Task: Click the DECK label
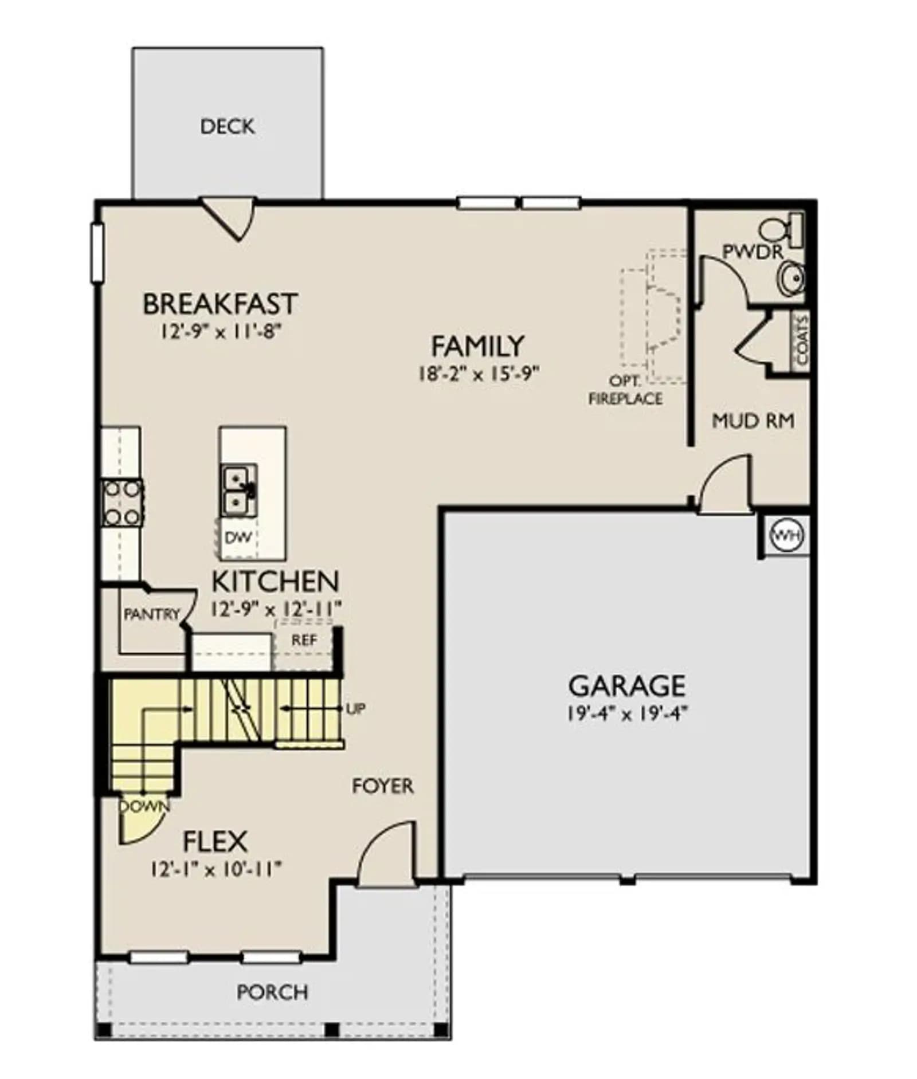tap(228, 126)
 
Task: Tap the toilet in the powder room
tap(781, 229)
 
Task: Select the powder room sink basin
tap(791, 278)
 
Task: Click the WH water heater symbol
tap(787, 536)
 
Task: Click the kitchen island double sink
tap(239, 491)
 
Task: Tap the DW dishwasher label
tap(238, 537)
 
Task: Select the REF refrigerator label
tap(304, 640)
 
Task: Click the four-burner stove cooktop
tap(122, 503)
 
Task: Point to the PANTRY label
tap(152, 615)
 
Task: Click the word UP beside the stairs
tap(355, 709)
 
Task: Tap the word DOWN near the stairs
tap(145, 806)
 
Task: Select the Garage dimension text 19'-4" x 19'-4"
tap(627, 714)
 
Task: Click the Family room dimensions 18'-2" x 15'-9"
tap(479, 374)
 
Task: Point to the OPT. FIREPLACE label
tap(626, 390)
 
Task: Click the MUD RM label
tap(753, 421)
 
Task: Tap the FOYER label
tap(382, 786)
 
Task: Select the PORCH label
tap(272, 992)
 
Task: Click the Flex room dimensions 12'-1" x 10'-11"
tap(216, 870)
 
